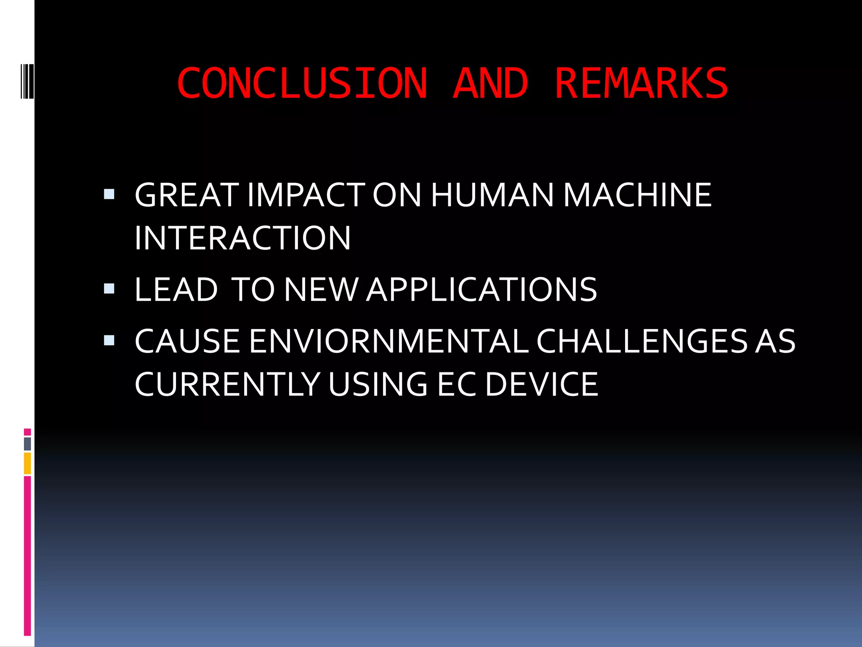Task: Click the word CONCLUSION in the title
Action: coord(302,83)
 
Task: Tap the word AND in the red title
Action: coord(490,83)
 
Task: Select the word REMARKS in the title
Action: coord(641,83)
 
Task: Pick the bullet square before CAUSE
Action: coord(109,340)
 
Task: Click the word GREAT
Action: coord(186,195)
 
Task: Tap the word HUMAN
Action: coord(492,195)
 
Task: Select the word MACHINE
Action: coord(637,195)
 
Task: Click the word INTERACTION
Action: coord(242,238)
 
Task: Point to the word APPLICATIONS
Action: coord(482,290)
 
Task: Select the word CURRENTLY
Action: coord(227,384)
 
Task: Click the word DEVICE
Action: coord(541,384)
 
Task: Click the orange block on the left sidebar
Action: coord(27,463)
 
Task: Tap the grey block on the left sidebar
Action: coord(27,444)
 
